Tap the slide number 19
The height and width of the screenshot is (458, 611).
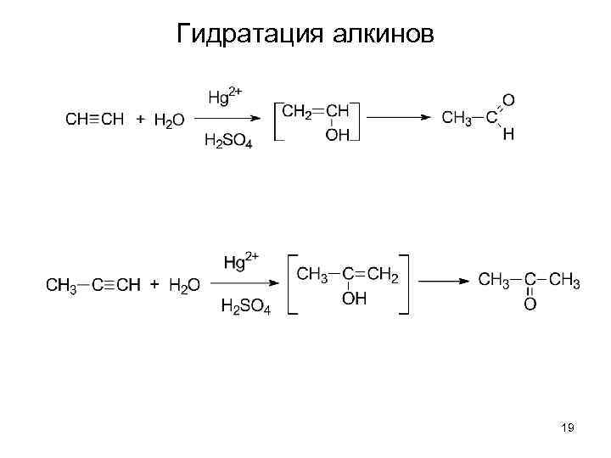(x=568, y=429)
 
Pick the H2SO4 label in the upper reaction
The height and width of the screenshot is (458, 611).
(x=228, y=142)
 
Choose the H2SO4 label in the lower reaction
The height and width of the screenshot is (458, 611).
(x=245, y=307)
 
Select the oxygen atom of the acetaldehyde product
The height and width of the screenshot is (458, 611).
(x=507, y=101)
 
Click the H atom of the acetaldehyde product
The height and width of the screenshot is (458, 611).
(x=507, y=135)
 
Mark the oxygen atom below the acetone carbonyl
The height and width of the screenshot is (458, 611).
(x=530, y=303)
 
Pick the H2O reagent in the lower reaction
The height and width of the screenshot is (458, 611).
(x=184, y=286)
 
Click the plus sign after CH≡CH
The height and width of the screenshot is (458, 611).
(x=139, y=120)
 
